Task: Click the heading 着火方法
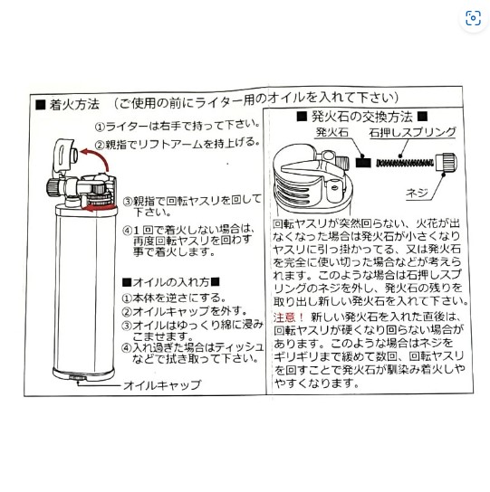pyautogui.click(x=74, y=105)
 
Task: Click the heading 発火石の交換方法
pyautogui.click(x=361, y=117)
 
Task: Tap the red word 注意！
pyautogui.click(x=289, y=317)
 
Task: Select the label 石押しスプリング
pyautogui.click(x=412, y=132)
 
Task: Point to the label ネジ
pyautogui.click(x=417, y=193)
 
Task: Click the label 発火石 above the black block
pyautogui.click(x=332, y=132)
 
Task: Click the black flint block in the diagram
pyautogui.click(x=363, y=163)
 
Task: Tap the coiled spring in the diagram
pyautogui.click(x=405, y=163)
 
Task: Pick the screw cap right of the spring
pyautogui.click(x=447, y=162)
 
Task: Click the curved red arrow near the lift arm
pyautogui.click(x=100, y=156)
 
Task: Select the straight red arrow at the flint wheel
pyautogui.click(x=100, y=208)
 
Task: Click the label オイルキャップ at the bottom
pyautogui.click(x=162, y=385)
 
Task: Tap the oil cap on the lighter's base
pyautogui.click(x=77, y=378)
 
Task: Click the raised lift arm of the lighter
pyautogui.click(x=65, y=156)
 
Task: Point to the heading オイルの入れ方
pyautogui.click(x=171, y=282)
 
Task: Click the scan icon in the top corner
pyautogui.click(x=473, y=18)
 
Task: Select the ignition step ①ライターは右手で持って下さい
pyautogui.click(x=178, y=126)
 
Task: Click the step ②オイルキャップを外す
pyautogui.click(x=185, y=311)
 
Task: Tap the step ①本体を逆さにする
pyautogui.click(x=174, y=298)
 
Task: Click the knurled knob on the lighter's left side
pyautogui.click(x=52, y=186)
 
